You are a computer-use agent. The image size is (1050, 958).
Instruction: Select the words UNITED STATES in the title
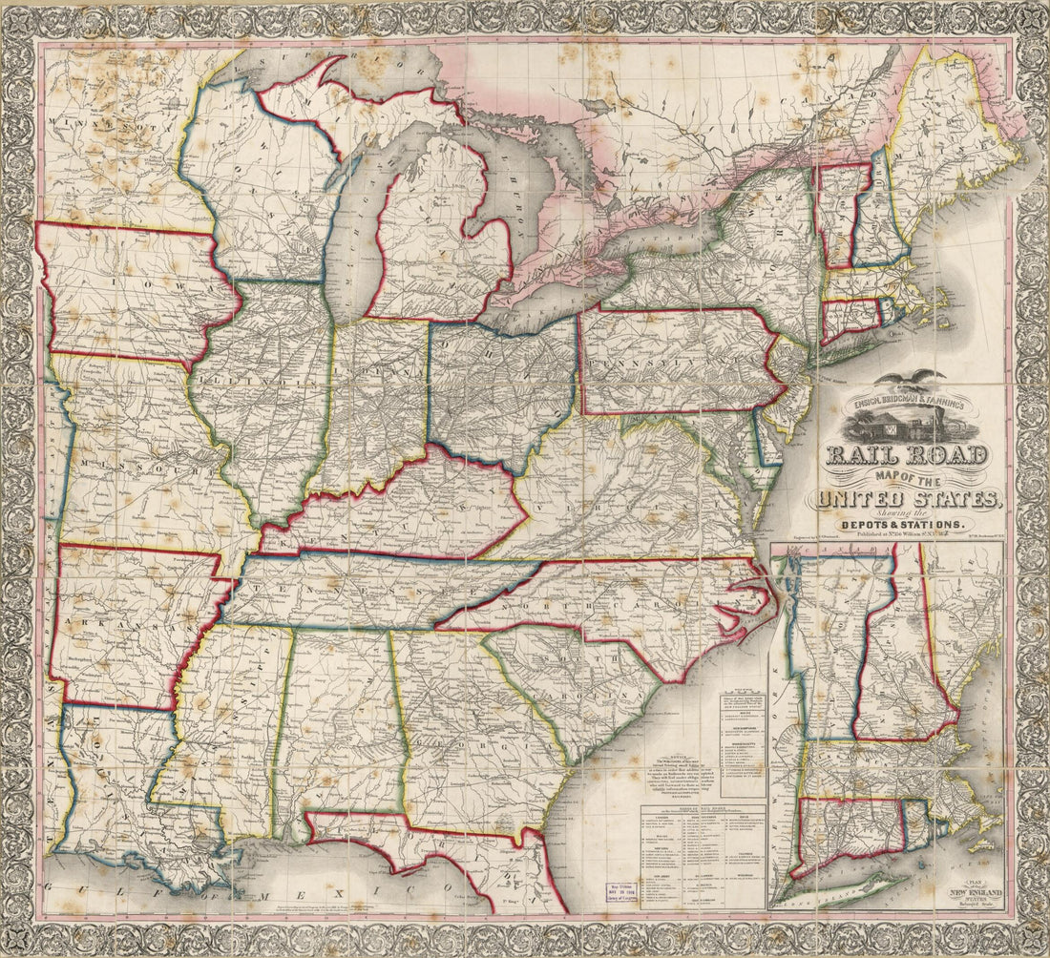(x=906, y=498)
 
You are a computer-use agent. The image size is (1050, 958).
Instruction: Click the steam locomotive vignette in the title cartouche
(x=906, y=421)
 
